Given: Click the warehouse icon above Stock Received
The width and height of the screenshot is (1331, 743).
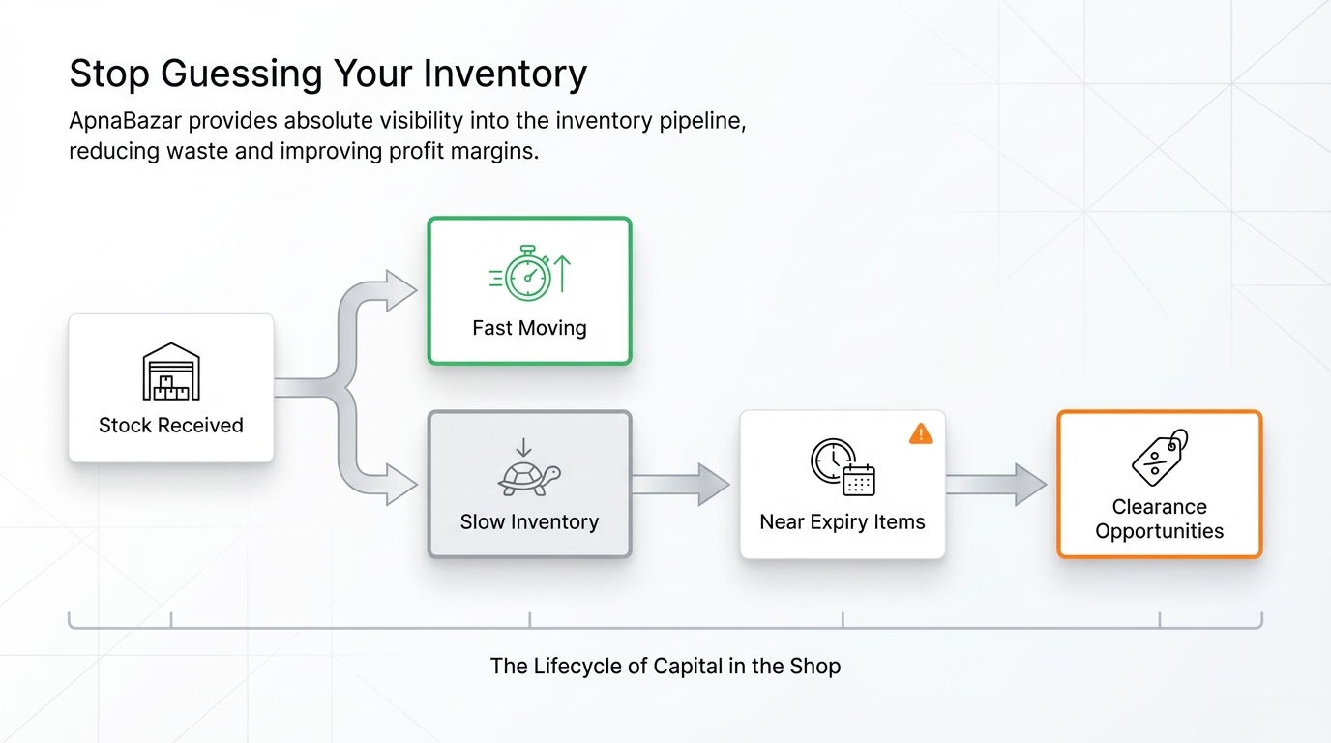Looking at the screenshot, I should (x=171, y=372).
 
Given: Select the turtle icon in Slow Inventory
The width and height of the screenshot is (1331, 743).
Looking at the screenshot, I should (x=529, y=478).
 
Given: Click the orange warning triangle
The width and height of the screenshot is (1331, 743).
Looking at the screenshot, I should (x=921, y=433).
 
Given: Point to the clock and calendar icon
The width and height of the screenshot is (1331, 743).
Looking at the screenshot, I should (x=843, y=468).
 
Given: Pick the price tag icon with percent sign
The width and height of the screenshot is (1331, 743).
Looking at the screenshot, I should (x=1159, y=458).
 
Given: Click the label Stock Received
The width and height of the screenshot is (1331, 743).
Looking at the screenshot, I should (x=171, y=425).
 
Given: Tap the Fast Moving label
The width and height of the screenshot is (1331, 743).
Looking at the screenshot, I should (x=529, y=328).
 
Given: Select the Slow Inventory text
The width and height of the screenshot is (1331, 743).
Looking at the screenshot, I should (x=529, y=521).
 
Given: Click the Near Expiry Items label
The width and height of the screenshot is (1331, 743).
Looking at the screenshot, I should (x=843, y=521).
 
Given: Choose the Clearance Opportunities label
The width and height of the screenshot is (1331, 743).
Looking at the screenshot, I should (x=1159, y=519).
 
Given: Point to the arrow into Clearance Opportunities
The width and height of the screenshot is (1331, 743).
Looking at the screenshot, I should (x=996, y=484).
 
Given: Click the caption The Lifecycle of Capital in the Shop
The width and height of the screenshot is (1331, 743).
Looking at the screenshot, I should (x=665, y=666).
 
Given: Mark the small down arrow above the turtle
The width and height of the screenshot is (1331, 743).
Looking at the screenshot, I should (x=523, y=447).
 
